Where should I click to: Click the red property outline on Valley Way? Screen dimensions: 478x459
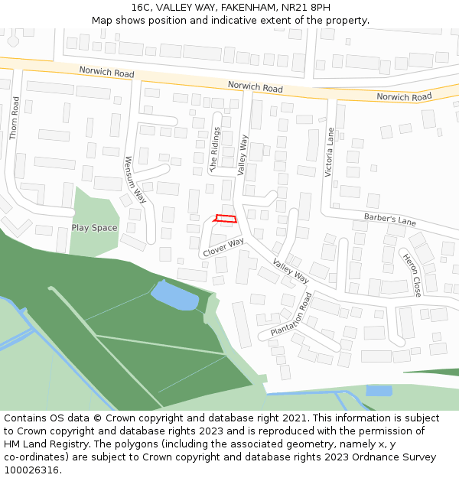[x=225, y=219]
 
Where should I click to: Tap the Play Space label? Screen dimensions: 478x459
[x=95, y=228]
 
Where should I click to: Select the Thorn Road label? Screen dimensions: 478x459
[x=14, y=118]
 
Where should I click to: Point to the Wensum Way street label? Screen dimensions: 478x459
[x=135, y=179]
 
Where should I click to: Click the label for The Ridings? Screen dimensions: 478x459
[x=215, y=149]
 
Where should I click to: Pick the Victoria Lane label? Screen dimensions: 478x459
[x=330, y=152]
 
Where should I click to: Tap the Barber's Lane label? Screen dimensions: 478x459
[x=390, y=220]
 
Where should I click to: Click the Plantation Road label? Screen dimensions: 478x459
[x=291, y=314]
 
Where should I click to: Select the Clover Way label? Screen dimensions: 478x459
[x=223, y=247]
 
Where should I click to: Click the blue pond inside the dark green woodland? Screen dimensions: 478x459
[x=175, y=295]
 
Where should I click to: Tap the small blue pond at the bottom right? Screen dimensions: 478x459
[x=379, y=391]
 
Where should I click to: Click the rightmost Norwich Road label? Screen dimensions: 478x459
[x=404, y=97]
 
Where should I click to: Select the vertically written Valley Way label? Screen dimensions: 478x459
[x=243, y=155]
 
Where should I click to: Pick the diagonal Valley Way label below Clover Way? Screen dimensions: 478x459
[x=291, y=271]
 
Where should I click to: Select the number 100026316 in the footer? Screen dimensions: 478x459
[x=30, y=470]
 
